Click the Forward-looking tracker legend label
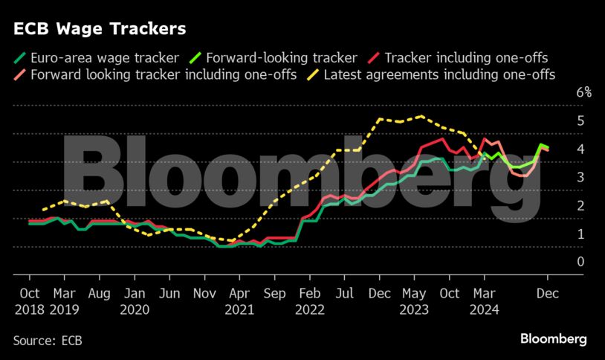pos(282,57)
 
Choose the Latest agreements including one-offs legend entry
pos(439,74)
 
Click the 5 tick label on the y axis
pos(580,120)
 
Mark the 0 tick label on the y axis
pos(580,261)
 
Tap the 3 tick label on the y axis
pos(580,177)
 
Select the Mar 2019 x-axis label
pos(65,300)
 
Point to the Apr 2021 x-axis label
pos(239,300)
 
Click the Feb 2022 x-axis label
pos(309,300)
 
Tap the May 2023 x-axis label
pos(414,300)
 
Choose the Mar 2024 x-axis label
pos(484,300)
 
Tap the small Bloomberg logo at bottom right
pos(553,339)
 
